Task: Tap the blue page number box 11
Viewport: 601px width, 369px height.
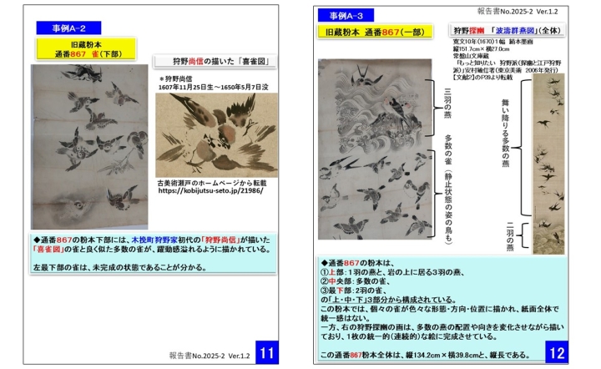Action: (266, 352)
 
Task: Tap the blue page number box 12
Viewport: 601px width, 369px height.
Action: (558, 352)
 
